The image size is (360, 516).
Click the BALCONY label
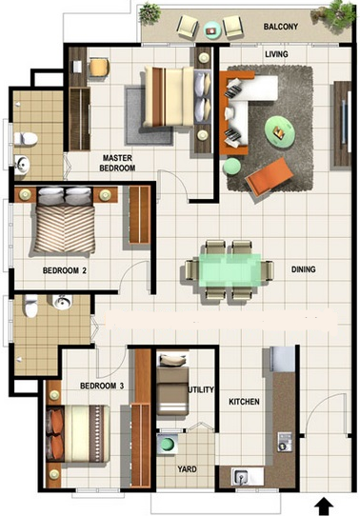coord(280,27)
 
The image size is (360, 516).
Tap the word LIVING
coord(276,54)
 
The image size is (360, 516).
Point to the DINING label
coord(303,269)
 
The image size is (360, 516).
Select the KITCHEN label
coord(244,402)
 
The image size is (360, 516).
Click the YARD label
coord(187,469)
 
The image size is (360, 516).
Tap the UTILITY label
coord(201,389)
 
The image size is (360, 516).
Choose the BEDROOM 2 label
coord(65,270)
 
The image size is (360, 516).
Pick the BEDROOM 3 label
coord(102,386)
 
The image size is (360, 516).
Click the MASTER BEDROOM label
coord(117,163)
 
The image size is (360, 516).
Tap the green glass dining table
coord(230,269)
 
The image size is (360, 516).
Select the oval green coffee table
coord(280,131)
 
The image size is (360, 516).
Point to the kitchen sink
coord(241,476)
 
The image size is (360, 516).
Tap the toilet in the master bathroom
coord(26,139)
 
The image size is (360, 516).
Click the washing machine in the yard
coord(168,445)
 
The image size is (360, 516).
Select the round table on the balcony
coord(210,30)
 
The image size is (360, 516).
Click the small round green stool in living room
coord(232,167)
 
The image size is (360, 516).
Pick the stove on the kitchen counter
coord(284,442)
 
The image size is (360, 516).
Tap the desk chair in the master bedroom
coord(99,68)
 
